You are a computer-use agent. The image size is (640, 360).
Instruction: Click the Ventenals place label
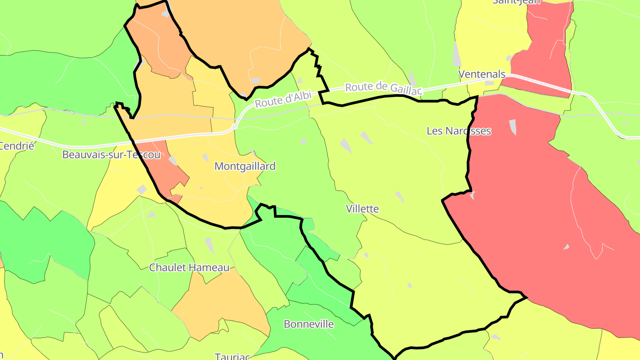[482, 74]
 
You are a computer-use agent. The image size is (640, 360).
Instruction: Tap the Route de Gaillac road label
[383, 88]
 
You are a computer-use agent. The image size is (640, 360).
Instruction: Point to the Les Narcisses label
[459, 131]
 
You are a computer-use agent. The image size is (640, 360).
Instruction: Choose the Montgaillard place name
[245, 166]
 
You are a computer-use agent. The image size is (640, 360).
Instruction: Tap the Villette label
[362, 209]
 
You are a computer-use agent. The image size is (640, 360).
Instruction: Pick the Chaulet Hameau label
[189, 268]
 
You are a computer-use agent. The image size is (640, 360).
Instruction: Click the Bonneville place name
[308, 324]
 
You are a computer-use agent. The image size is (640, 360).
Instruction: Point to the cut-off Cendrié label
[17, 146]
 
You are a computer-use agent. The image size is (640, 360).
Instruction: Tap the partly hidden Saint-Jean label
[516, 2]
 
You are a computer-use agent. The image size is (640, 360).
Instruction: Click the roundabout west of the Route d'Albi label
[235, 127]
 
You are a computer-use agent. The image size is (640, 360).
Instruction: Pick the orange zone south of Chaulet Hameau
[222, 302]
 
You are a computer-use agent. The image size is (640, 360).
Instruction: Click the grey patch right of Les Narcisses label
[513, 127]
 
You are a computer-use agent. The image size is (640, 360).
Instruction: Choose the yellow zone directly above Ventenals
[489, 36]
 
